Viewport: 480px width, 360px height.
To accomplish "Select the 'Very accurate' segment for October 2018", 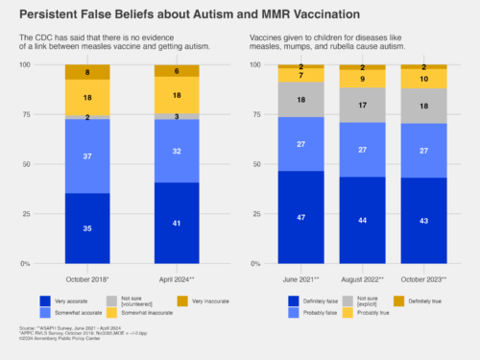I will coord(87,228).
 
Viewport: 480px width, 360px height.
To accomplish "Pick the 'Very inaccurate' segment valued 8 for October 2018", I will coord(87,72).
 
